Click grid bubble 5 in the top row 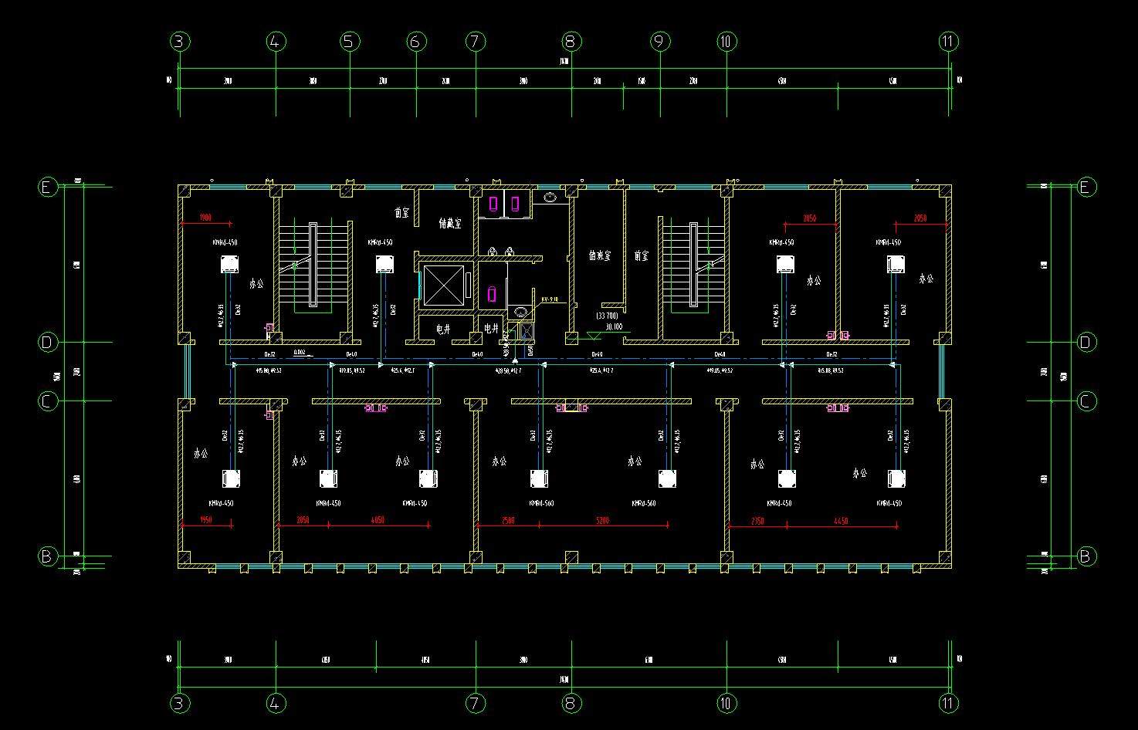[348, 42]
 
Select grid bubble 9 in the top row [660, 42]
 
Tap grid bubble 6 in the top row [415, 42]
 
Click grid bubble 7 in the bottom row [476, 703]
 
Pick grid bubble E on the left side [48, 187]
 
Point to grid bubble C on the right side [1086, 401]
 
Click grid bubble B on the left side [48, 556]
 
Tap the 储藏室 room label [449, 224]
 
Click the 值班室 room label [599, 255]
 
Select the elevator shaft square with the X [443, 286]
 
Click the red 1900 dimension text [205, 218]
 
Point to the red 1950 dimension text [205, 521]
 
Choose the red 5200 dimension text [603, 521]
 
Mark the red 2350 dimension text [757, 522]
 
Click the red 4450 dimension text [841, 522]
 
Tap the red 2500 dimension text [507, 521]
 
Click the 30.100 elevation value [614, 326]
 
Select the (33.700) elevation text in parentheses [607, 316]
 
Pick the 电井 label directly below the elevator [443, 329]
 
